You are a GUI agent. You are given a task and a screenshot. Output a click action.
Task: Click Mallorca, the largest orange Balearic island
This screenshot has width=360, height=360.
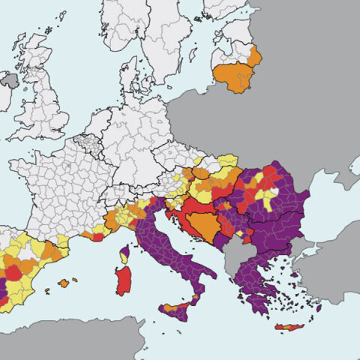coord(64,283)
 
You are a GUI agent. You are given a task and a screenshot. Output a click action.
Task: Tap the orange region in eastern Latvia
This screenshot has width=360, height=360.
coord(254,56)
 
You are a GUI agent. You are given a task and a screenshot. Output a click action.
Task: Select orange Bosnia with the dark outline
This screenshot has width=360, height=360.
coord(200,223)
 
